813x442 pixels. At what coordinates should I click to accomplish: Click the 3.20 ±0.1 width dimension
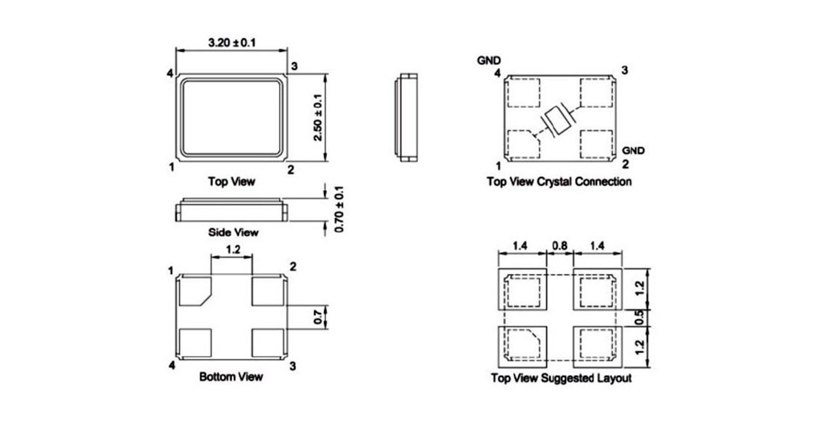[x=232, y=43]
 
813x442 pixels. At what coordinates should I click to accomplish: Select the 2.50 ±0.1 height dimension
[x=318, y=117]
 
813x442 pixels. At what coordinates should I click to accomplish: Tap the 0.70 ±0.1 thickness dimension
[x=338, y=209]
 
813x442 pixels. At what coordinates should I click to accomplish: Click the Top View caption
[x=232, y=181]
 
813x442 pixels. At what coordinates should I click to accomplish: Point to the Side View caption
[x=233, y=232]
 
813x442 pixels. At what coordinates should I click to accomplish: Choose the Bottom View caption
[x=231, y=377]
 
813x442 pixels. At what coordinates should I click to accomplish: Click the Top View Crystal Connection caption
[x=559, y=181]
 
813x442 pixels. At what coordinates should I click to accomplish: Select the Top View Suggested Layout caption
[x=561, y=378]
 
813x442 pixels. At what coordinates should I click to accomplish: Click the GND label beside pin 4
[x=489, y=60]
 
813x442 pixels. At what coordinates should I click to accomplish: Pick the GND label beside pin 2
[x=634, y=151]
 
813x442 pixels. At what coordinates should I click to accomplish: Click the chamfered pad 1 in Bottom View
[x=195, y=291]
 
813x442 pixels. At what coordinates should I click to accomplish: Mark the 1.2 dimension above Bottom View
[x=233, y=249]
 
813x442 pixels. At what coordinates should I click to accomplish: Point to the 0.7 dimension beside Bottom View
[x=318, y=317]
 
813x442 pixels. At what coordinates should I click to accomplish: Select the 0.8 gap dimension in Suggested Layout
[x=560, y=246]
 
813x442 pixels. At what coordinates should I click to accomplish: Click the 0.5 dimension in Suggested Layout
[x=640, y=318]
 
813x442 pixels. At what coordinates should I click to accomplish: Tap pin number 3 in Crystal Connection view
[x=624, y=69]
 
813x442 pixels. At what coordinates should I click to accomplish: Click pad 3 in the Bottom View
[x=268, y=343]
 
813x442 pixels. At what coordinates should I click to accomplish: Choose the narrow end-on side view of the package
[x=406, y=118]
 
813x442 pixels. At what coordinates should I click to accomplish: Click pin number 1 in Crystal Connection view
[x=498, y=166]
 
